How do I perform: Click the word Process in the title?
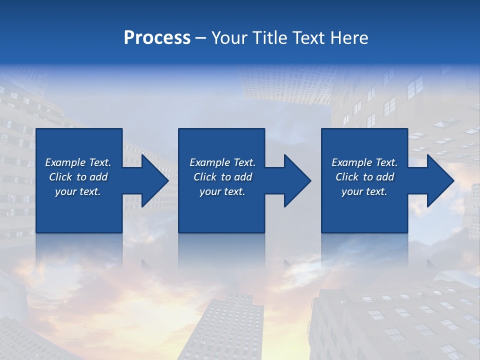coord(157,38)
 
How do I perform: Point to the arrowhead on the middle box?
coord(296,180)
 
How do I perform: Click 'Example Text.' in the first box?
coord(78,162)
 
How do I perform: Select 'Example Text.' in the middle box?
coord(222,162)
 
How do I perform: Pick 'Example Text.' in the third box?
coord(364,162)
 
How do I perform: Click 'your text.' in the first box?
coord(78,191)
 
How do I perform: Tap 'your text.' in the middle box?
coord(222,191)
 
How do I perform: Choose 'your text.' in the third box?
coord(364,191)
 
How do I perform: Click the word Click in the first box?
coord(60,177)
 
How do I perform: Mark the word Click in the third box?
coord(347,177)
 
